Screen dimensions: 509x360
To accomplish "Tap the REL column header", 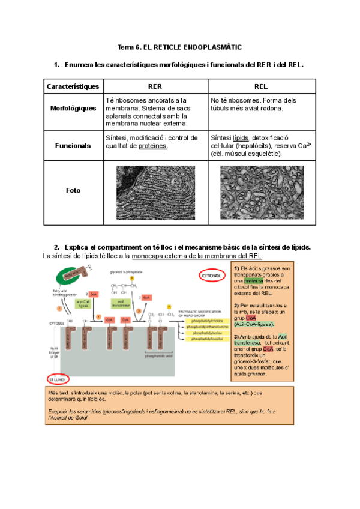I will click(x=260, y=86).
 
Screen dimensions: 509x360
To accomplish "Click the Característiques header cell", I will click(x=73, y=86).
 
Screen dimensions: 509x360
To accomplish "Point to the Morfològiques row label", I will click(x=73, y=109).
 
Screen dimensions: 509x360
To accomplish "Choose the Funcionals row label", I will click(x=73, y=145).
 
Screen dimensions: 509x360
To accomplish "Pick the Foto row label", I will click(x=73, y=191).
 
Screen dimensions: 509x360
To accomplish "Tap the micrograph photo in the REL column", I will click(x=260, y=191).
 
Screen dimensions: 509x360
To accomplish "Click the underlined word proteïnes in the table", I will click(x=154, y=146).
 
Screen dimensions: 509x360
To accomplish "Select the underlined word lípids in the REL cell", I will click(x=240, y=137).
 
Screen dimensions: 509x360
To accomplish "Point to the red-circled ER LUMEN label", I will click(x=58, y=379).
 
